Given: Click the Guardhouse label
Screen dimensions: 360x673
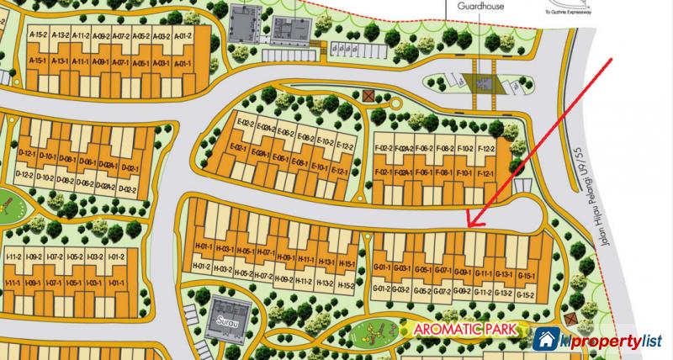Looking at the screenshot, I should click(x=480, y=6).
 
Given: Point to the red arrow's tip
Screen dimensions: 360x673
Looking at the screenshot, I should click(x=469, y=227).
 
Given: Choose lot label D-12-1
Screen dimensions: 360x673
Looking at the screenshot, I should click(x=25, y=157).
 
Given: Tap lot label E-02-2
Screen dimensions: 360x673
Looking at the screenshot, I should click(x=246, y=124).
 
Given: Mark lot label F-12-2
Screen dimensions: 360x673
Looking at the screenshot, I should click(x=486, y=149).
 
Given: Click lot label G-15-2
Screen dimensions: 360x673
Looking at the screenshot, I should click(x=527, y=294).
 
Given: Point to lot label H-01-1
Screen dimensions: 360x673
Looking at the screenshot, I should click(x=202, y=246).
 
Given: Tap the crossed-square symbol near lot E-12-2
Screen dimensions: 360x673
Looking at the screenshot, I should click(x=368, y=95).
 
